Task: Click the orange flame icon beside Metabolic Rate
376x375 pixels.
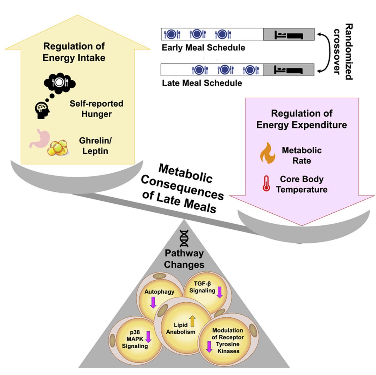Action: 268,153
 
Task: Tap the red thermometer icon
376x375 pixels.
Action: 266,183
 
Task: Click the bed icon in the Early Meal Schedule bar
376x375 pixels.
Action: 289,35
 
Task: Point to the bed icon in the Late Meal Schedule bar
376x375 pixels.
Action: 288,70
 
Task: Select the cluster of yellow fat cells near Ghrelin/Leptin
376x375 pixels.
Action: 58,148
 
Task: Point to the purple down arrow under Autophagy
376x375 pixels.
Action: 153,302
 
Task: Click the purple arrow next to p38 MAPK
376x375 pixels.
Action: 148,337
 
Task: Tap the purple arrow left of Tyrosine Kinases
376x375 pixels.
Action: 209,347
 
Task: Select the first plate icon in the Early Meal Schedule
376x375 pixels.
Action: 172,34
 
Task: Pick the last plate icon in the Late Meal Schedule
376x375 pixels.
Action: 251,70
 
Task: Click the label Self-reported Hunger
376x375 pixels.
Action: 96,109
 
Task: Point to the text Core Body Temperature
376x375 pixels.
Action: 302,184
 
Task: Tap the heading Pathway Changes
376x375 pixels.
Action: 184,259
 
